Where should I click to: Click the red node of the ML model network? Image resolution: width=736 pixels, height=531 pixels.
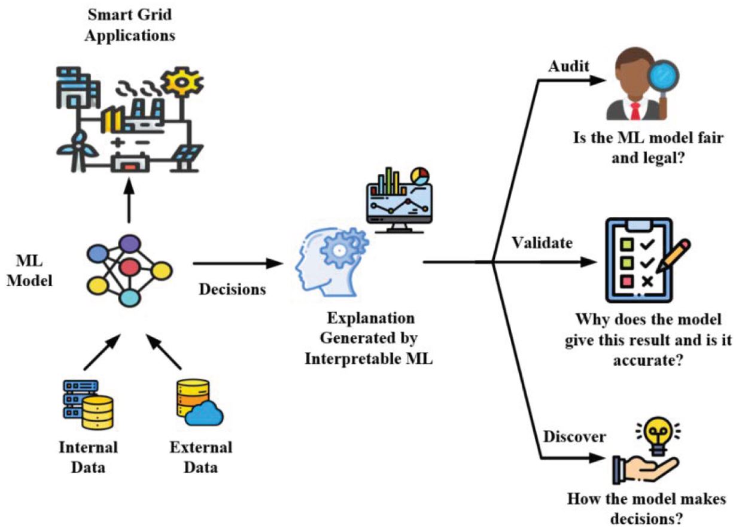coord(129,268)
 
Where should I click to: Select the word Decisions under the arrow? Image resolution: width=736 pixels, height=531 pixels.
coord(233,290)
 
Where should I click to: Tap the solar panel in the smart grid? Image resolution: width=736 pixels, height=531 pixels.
coord(187,157)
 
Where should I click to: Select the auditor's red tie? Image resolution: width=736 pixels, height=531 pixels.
coord(636,111)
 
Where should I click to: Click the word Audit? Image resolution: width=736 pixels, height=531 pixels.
coord(569,66)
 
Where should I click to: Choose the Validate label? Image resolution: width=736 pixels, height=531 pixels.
coord(543,243)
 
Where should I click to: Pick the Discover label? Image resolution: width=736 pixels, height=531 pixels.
coord(574,437)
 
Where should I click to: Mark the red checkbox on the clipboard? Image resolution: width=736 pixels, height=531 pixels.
coord(626,282)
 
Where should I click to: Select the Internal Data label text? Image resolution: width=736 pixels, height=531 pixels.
coord(88,457)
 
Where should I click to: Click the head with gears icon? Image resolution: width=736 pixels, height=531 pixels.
coord(331,262)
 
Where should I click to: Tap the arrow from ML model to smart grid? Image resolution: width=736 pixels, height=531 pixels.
coord(129,201)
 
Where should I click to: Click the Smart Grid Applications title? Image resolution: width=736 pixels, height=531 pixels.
coord(129,25)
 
